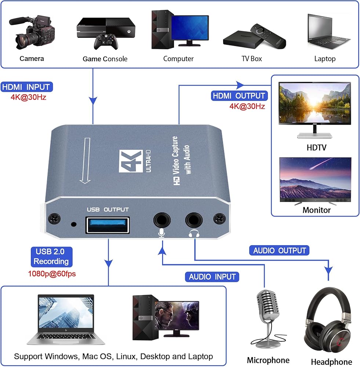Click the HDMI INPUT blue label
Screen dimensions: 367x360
click(x=27, y=87)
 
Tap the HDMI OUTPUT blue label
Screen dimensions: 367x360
click(x=239, y=96)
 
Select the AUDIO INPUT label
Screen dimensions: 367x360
click(x=212, y=277)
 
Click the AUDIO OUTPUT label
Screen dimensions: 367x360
click(x=280, y=251)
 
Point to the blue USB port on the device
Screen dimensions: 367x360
click(x=108, y=224)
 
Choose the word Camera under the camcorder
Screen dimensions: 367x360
click(x=32, y=59)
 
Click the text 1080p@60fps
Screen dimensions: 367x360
click(x=52, y=273)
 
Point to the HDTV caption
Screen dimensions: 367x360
click(x=316, y=148)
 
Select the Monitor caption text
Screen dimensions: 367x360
click(x=316, y=210)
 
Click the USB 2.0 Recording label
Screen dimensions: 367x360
click(x=52, y=257)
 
